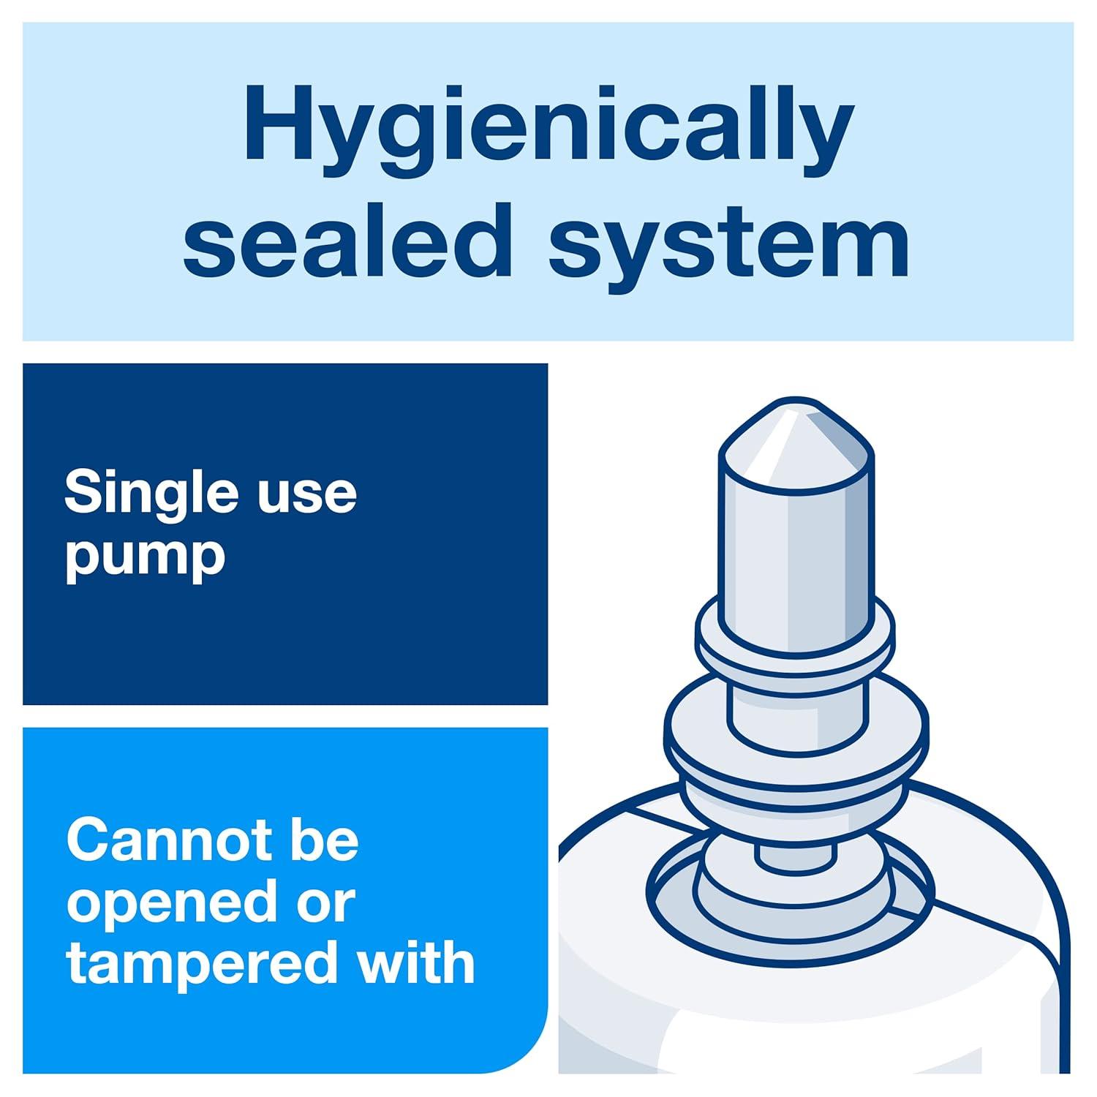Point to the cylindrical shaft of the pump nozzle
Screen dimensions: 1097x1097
point(795,556)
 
